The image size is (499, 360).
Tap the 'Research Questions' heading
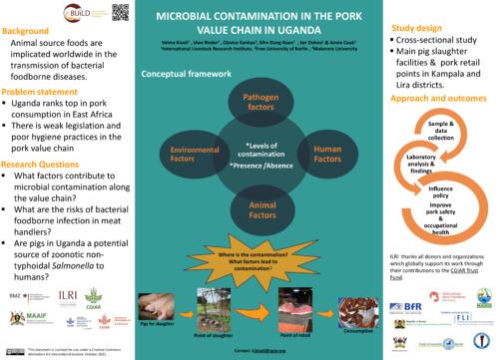pyautogui.click(x=44, y=135)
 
